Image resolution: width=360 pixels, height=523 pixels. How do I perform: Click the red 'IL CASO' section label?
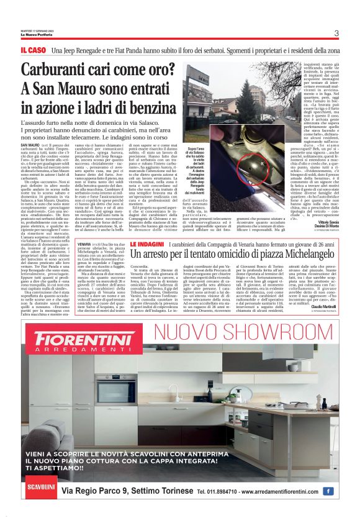click(32, 49)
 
